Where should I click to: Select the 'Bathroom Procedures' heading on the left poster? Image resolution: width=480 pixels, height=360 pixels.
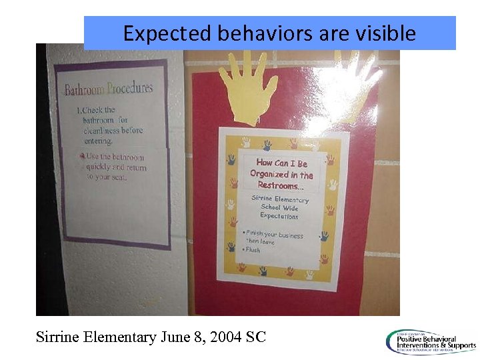109,88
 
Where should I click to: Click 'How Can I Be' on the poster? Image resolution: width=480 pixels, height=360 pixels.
282,163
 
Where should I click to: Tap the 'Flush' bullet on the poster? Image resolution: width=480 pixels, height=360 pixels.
254,250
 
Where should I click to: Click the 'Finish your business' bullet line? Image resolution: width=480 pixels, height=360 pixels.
275,235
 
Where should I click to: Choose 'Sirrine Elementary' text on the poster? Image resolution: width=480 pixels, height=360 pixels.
280,199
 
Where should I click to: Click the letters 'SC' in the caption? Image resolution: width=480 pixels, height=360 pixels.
256,337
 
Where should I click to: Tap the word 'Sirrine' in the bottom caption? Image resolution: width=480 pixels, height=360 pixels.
59,337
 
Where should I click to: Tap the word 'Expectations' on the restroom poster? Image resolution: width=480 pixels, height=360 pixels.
279,216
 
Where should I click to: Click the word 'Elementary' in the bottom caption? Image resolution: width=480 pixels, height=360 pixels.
121,337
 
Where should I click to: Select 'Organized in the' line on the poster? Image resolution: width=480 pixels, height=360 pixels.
282,174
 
